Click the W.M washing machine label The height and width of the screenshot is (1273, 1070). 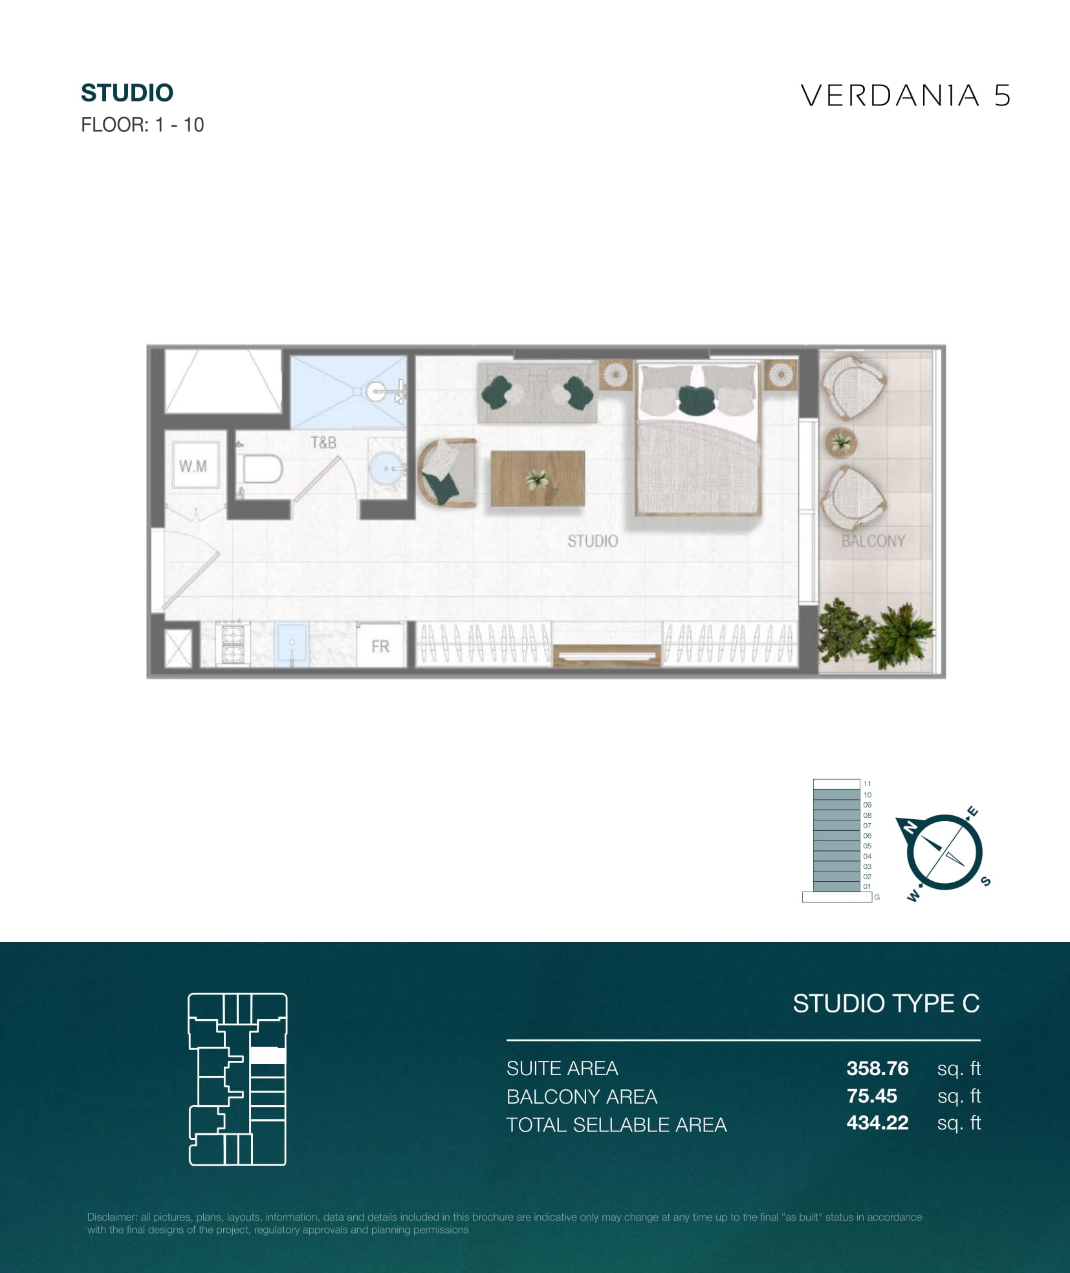193,465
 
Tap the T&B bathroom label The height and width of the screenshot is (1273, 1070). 323,443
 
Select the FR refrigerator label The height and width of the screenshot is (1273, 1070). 380,647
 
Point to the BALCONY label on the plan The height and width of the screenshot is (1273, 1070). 873,541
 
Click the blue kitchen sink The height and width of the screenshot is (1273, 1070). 291,644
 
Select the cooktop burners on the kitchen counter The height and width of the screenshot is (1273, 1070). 232,644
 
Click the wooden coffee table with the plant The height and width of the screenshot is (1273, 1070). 538,478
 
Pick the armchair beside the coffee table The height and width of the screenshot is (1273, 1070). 447,473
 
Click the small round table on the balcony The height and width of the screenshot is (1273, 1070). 841,443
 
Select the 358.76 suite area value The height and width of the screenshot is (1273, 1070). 877,1068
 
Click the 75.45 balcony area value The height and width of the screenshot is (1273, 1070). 871,1096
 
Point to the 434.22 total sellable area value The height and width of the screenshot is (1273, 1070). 877,1123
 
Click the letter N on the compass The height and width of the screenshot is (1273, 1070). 910,828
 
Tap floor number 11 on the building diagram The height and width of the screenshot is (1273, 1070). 867,784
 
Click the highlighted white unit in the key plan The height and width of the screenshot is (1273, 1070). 267,1056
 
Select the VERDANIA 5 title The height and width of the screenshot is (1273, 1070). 906,96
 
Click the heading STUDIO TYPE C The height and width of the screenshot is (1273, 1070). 886,1003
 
